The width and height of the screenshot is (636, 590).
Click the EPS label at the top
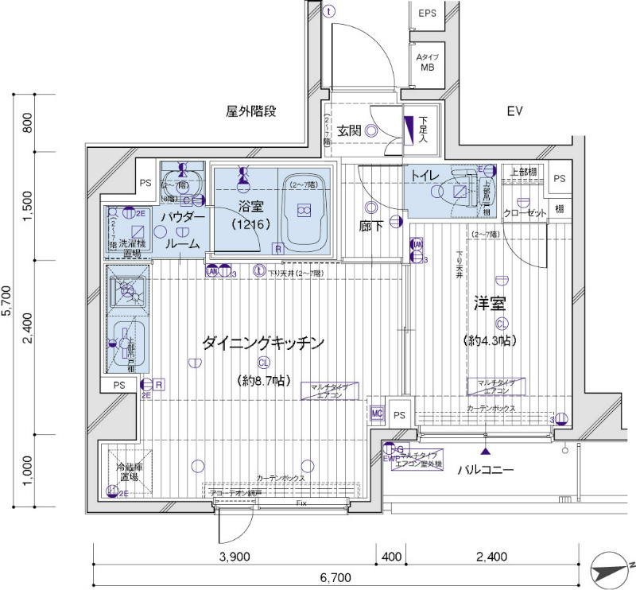(428, 13)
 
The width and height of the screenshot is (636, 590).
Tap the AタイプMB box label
(428, 62)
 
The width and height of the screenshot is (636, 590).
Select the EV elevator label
(515, 112)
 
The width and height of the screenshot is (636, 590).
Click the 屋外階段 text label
(251, 111)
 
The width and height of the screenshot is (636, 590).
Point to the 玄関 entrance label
(349, 131)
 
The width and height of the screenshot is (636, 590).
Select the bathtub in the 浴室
(302, 210)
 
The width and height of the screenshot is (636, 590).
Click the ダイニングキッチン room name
(263, 344)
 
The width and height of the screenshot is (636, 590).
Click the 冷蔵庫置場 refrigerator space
(129, 472)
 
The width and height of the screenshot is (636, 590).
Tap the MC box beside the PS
(378, 413)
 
